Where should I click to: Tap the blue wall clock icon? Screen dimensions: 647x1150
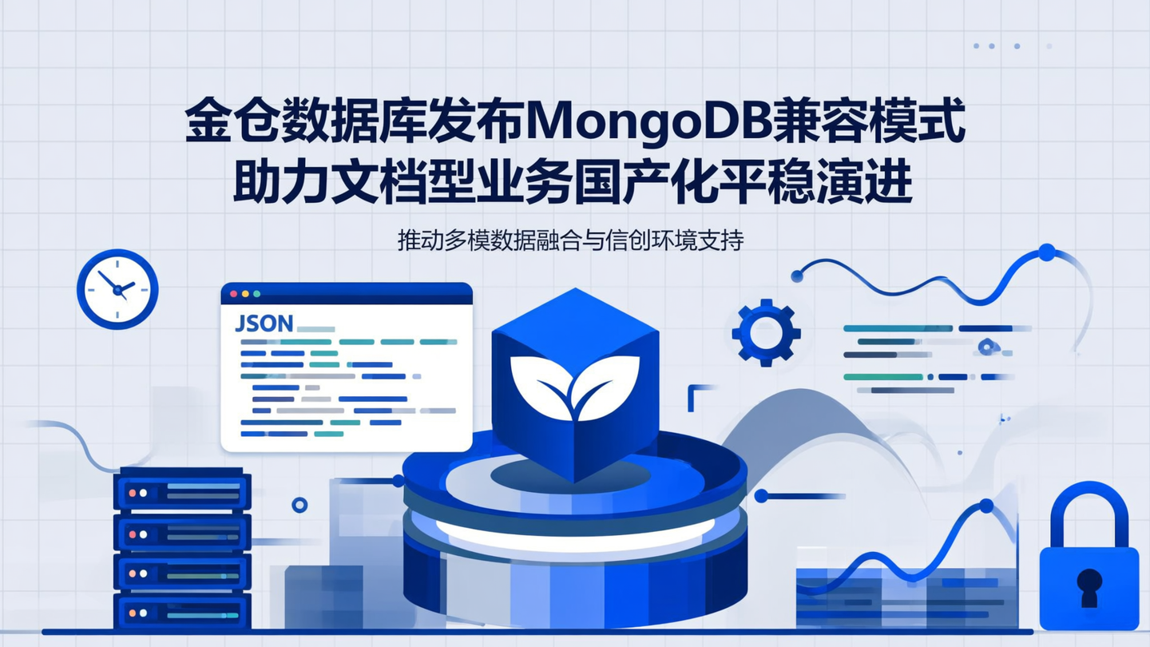coord(117,289)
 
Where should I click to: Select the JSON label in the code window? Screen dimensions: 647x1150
coord(264,323)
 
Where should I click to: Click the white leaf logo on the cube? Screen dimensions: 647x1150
coord(575,386)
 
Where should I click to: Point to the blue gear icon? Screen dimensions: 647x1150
coord(766,332)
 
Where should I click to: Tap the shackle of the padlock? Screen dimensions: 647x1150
coord(1089,511)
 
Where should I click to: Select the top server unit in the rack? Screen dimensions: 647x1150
coord(182,491)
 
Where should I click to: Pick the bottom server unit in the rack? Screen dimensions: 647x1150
coord(182,613)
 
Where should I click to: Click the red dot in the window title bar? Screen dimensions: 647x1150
coord(234,294)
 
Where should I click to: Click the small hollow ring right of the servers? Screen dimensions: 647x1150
coord(299,505)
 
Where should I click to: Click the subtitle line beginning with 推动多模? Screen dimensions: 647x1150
coord(570,240)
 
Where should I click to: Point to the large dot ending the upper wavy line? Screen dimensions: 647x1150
coord(1046,252)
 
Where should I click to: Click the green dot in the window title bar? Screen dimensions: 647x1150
coord(256,294)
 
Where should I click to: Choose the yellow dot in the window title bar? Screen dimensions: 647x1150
coord(245,294)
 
